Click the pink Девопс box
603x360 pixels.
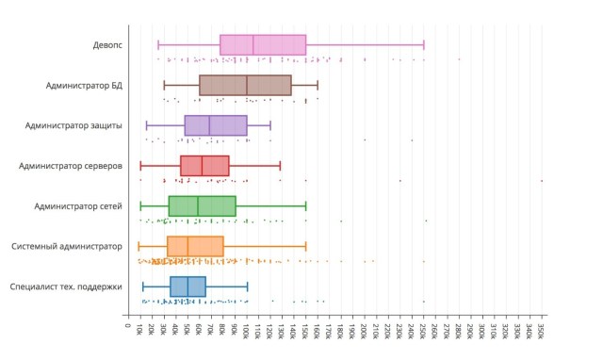click(x=263, y=45)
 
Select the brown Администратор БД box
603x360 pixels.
click(x=245, y=86)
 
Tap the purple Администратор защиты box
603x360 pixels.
click(x=216, y=125)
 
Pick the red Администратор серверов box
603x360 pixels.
click(x=204, y=166)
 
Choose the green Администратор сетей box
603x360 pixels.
click(x=202, y=205)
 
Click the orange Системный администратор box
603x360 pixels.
click(x=195, y=246)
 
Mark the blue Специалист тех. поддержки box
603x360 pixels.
click(x=187, y=286)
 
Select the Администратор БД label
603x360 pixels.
click(x=84, y=86)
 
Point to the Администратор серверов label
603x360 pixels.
click(x=71, y=166)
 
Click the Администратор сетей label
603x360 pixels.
click(x=78, y=205)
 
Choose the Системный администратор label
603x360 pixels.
click(x=67, y=246)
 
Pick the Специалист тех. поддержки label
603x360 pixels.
click(x=66, y=286)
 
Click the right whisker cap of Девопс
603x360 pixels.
click(x=424, y=45)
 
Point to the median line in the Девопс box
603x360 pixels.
click(x=253, y=45)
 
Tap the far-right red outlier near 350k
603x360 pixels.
click(x=542, y=180)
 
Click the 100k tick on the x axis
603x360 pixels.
click(x=247, y=333)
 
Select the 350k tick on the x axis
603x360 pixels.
click(x=542, y=333)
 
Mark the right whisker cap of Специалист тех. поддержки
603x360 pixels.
click(x=248, y=286)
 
